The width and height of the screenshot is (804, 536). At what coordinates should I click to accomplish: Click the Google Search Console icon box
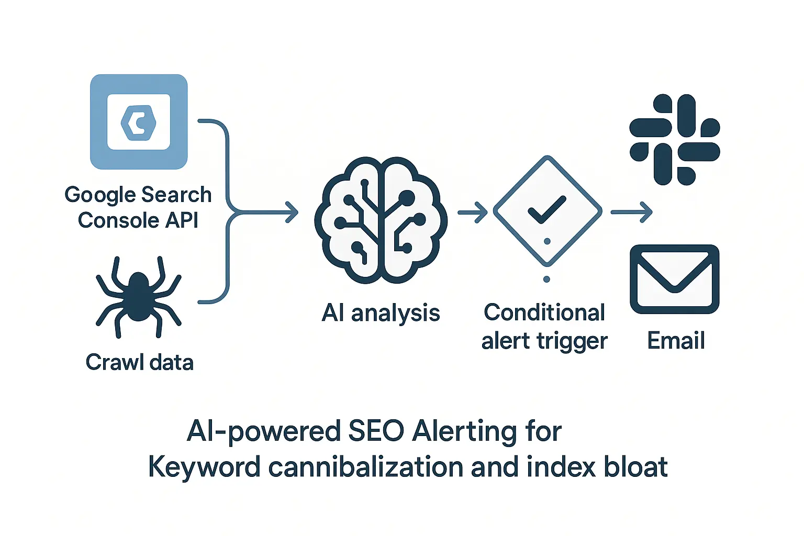click(139, 122)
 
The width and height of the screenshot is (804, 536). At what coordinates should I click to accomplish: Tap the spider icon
click(138, 296)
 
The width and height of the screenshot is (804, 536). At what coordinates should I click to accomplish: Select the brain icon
click(381, 220)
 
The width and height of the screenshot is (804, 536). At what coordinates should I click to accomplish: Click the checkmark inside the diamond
click(547, 209)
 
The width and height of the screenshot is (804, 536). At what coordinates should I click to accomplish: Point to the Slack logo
click(675, 140)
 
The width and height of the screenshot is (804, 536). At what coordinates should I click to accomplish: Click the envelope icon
click(675, 279)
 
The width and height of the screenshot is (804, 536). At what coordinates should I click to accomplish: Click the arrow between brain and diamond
click(473, 213)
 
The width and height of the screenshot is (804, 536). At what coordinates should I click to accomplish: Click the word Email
click(676, 341)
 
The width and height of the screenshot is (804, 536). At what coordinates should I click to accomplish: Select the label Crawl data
click(140, 362)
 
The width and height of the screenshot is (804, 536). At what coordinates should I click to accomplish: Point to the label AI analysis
click(381, 313)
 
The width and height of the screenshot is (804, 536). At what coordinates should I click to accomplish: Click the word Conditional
click(544, 312)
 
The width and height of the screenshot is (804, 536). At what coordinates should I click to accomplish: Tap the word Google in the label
click(99, 195)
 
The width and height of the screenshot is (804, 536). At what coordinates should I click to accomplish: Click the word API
click(182, 220)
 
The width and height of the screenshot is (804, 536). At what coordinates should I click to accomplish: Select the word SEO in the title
click(376, 432)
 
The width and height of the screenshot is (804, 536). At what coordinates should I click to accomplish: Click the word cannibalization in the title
click(366, 467)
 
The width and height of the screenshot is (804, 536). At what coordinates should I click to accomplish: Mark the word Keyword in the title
click(204, 467)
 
